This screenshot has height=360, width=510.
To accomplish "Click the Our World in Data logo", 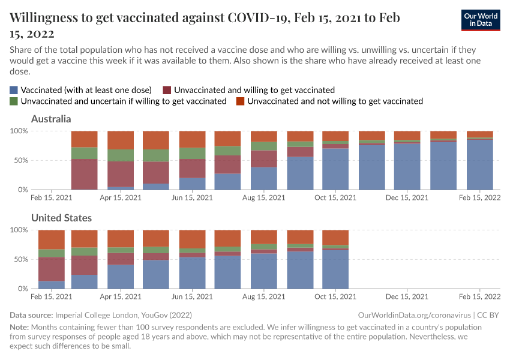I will tap(481, 20).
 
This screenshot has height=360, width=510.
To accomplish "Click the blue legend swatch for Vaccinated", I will tap(14, 89).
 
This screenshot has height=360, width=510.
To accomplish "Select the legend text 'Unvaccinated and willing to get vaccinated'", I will tap(254, 89).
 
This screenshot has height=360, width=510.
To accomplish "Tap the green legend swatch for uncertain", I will tap(14, 101).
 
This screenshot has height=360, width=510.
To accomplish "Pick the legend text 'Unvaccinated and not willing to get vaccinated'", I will tap(335, 101).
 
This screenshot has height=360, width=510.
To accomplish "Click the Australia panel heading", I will tap(51, 119).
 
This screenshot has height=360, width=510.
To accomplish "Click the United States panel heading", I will tap(61, 218).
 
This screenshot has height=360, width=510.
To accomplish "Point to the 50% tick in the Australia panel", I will tap(20, 160).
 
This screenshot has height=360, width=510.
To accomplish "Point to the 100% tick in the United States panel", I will tap(19, 230).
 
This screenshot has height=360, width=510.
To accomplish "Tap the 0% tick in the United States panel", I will tap(23, 289).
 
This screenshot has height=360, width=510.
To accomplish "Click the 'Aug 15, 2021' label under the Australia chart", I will tap(266, 197).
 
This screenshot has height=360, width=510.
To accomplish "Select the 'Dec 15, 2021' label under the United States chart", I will tap(407, 296).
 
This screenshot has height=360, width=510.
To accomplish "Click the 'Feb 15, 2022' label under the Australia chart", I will tap(479, 197).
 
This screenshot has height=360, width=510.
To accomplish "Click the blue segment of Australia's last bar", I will tap(479, 165).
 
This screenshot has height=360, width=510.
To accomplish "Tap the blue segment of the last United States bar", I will tap(335, 269).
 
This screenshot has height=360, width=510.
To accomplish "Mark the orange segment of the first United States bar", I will tap(52, 239).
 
